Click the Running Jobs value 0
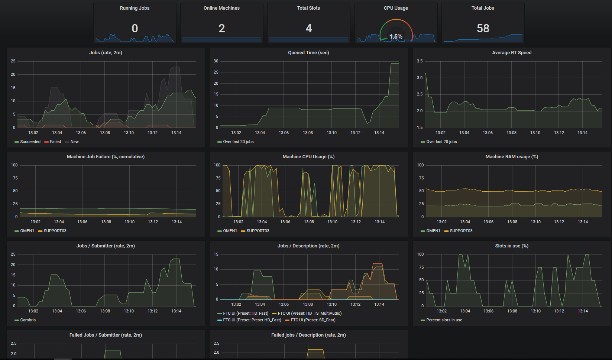point(135,28)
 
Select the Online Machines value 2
point(222,28)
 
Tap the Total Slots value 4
point(309,28)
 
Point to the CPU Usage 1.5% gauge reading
point(396,36)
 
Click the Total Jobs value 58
point(483,28)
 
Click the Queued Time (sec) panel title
point(308,53)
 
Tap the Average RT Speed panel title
point(512,53)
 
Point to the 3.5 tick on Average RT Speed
point(420,61)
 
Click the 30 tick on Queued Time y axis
point(216,61)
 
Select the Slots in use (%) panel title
point(512,246)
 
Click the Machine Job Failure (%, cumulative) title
point(106,157)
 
